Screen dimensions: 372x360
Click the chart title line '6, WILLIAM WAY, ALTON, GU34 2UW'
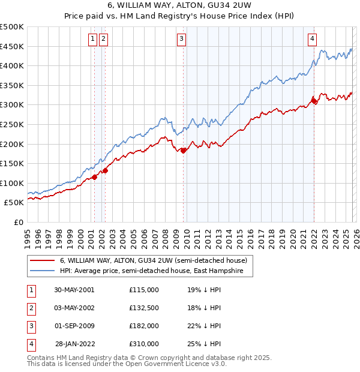coord(179,7)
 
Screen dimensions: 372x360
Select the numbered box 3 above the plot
coord(181,40)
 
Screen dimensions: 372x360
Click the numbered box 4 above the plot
coord(313,40)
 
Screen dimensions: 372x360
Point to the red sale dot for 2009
coord(183,151)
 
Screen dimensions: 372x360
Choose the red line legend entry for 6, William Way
coord(140,261)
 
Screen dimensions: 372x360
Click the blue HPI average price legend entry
coord(140,271)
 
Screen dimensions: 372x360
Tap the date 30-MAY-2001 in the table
coord(74,290)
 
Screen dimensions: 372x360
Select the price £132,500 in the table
coord(144,308)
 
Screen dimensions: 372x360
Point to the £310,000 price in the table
coord(144,344)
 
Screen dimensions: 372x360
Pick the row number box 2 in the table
coord(31,308)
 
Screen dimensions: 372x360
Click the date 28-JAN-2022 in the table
coord(74,344)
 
